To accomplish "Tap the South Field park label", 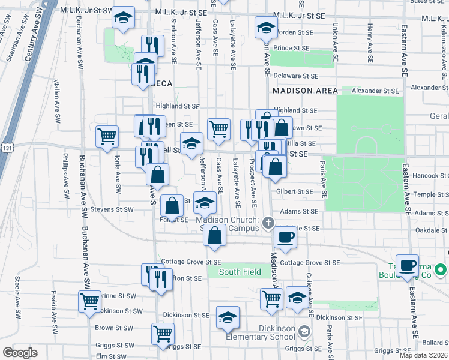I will [x=240, y=272].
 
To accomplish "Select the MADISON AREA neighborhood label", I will [x=301, y=90].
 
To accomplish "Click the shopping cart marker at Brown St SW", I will [x=163, y=334].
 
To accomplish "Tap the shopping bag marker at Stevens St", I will [x=172, y=205].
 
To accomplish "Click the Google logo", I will [x=20, y=353].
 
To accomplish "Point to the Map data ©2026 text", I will [x=423, y=355].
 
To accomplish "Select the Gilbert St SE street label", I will [x=294, y=191].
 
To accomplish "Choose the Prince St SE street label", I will [x=291, y=48].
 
